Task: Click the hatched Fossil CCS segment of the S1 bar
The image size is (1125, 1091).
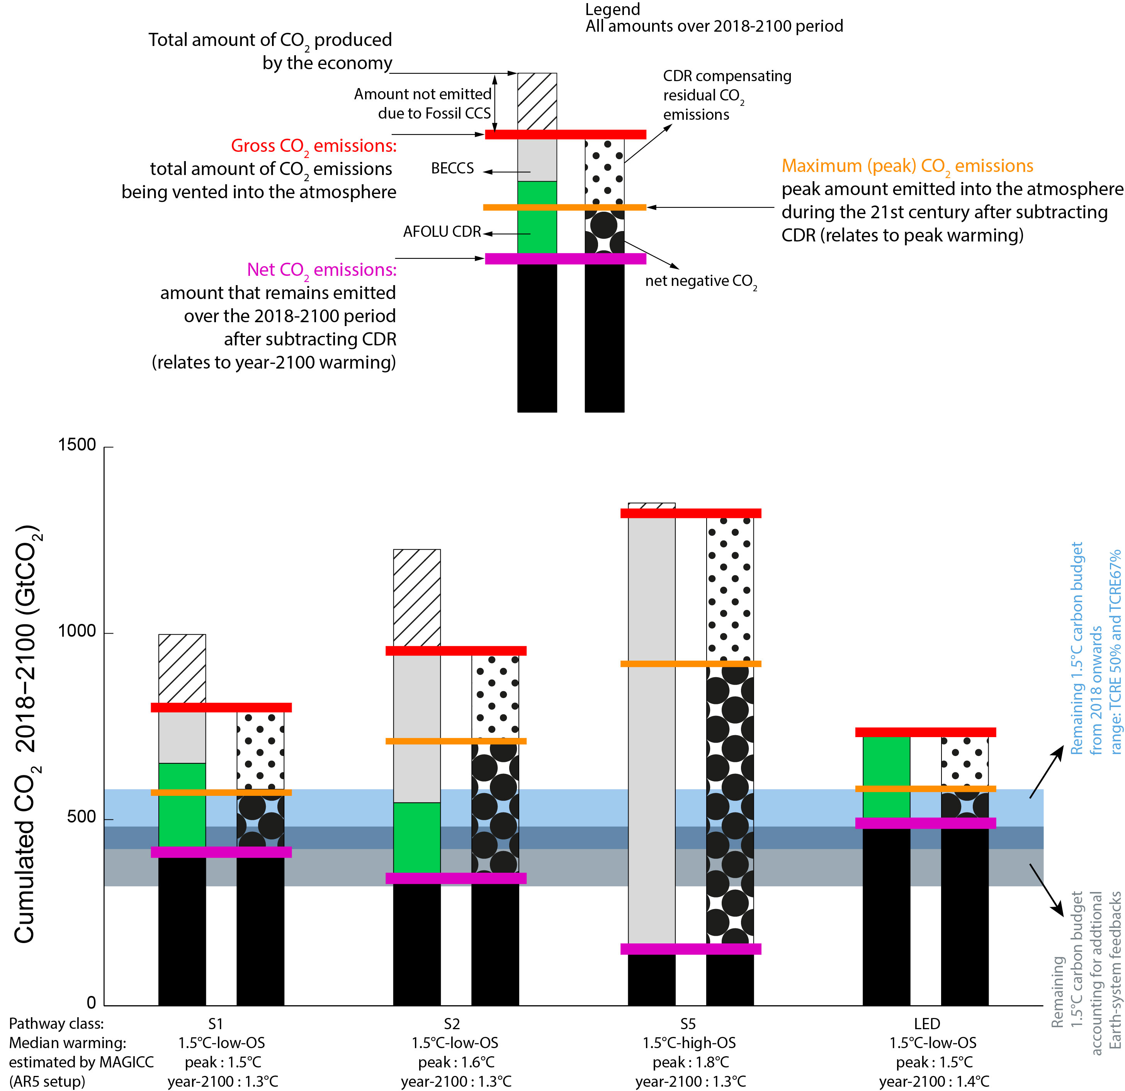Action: (182, 669)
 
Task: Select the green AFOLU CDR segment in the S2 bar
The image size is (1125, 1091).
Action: (417, 838)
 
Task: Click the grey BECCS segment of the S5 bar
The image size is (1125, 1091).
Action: (651, 731)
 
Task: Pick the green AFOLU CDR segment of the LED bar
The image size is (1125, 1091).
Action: (886, 777)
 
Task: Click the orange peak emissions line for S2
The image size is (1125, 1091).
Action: (456, 741)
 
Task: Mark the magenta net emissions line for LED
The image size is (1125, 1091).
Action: (925, 823)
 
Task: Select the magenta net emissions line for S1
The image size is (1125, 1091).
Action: (221, 852)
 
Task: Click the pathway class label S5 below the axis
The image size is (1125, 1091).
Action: (688, 1024)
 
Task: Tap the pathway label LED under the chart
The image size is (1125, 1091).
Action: (927, 1024)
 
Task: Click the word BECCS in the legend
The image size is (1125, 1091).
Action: (452, 168)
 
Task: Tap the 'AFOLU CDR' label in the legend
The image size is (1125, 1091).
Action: (442, 231)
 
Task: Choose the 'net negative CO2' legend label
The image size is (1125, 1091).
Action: (701, 281)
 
